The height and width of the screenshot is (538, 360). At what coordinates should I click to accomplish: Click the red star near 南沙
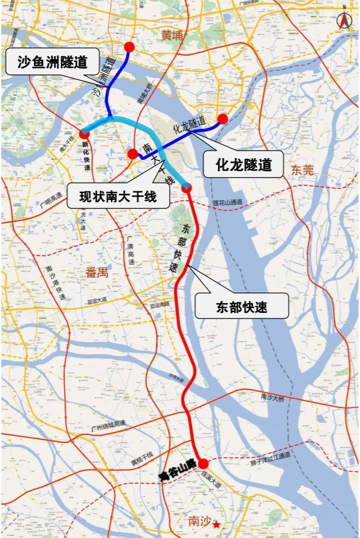pos(216,524)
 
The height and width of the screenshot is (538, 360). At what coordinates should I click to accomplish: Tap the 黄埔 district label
pos(172,36)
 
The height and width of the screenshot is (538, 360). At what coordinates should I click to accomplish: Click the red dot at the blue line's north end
pos(130,46)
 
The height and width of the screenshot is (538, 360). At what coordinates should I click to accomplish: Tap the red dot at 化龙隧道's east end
pos(222,119)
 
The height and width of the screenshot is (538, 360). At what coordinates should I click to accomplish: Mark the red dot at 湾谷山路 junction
pos(203,464)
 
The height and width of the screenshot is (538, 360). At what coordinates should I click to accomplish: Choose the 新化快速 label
pos(87,152)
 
